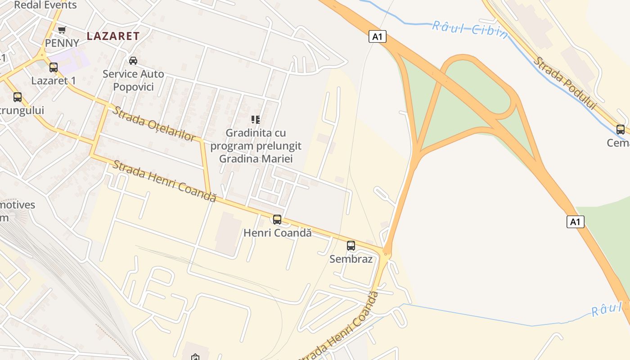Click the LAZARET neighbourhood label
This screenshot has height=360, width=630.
coord(113,36)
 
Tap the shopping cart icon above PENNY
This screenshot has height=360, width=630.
coord(62,30)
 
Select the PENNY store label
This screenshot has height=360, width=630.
coord(62,43)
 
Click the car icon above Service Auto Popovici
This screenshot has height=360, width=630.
coord(133,60)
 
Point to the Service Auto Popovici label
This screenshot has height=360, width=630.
coord(133,80)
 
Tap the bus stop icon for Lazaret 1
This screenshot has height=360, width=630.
coord(54,67)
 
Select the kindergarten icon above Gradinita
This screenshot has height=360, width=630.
coord(256,120)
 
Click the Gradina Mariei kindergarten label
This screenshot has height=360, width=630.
coord(256,146)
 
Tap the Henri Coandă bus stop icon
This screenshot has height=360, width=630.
coord(277,220)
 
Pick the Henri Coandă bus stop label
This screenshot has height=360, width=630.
coord(277,233)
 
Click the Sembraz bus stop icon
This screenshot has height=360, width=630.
coord(351,246)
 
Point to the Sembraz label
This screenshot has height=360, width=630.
coord(351,259)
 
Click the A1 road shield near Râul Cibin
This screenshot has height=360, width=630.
coord(377,36)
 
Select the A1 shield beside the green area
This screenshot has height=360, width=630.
coord(575,221)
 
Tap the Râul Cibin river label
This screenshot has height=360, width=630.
coord(470,30)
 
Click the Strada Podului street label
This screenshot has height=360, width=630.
coord(565,84)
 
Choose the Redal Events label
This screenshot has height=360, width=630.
coord(45,5)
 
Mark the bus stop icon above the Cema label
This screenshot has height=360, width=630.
coord(621,130)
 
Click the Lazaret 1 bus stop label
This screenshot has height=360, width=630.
coord(54,81)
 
